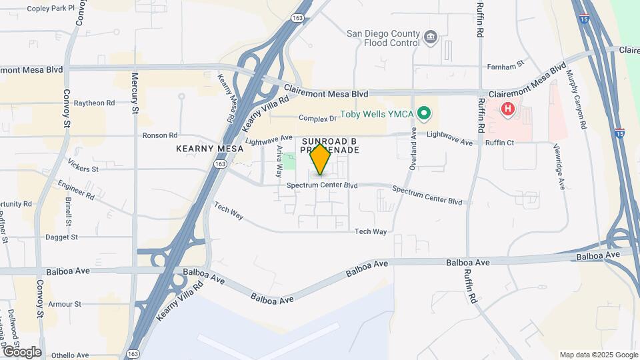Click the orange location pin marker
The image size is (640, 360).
click(320, 159)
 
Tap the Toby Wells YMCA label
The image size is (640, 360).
click(377, 114)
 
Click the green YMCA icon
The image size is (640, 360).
click(423, 114)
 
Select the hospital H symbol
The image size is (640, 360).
click(508, 108)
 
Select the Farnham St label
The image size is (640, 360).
click(507, 67)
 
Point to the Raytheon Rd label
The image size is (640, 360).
click(94, 103)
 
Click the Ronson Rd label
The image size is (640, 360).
click(160, 135)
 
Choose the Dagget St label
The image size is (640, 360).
click(61, 237)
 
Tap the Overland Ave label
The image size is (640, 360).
click(413, 151)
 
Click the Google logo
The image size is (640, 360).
click(22, 351)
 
